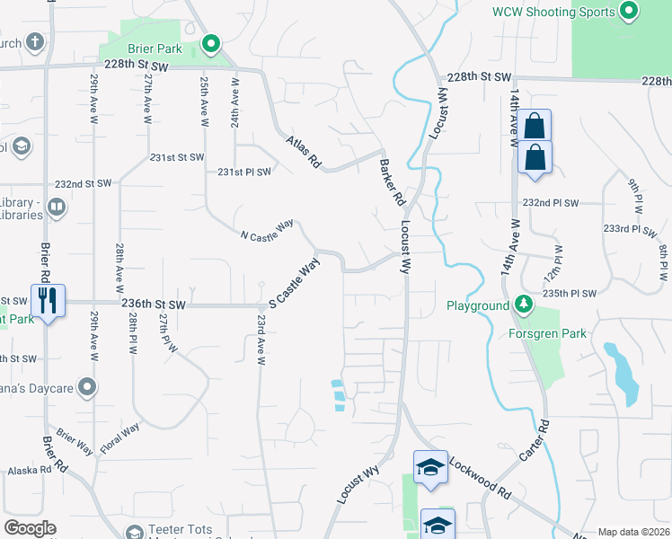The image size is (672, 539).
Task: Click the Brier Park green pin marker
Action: [211, 43]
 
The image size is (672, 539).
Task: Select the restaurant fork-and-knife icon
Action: [44, 299]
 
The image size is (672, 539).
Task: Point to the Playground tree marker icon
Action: [523, 305]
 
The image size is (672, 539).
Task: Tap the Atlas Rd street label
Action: [303, 152]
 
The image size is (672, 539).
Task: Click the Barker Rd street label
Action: [390, 182]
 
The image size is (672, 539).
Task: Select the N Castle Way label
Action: [267, 230]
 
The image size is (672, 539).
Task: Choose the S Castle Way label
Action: [295, 281]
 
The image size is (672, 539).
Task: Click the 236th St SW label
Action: [153, 305]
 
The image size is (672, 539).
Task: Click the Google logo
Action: [30, 528]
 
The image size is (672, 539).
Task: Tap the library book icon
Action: [56, 208]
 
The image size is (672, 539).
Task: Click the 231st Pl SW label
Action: [243, 172]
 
